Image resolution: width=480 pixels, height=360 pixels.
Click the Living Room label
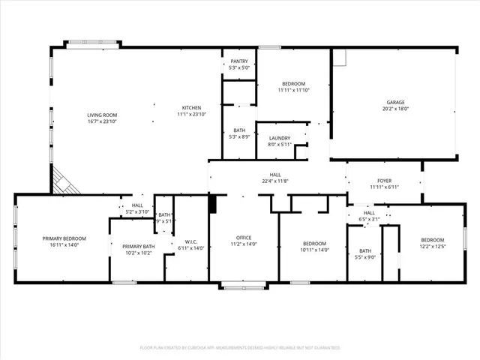[102, 115]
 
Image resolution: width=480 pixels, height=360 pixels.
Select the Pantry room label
[239, 61]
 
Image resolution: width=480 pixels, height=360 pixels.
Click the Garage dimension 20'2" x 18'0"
[396, 109]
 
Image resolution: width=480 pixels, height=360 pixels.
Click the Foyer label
[383, 180]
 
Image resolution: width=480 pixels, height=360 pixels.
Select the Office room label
[243, 238]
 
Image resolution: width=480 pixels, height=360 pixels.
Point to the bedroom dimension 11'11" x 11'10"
[293, 91]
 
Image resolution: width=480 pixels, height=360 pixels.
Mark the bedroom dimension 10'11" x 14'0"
[314, 250]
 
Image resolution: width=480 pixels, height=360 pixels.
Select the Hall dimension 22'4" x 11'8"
[275, 181]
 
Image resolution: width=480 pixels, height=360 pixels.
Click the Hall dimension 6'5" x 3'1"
[370, 220]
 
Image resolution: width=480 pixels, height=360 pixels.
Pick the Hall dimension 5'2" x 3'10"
[137, 212]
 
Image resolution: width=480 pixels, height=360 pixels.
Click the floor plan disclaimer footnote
[240, 348]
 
